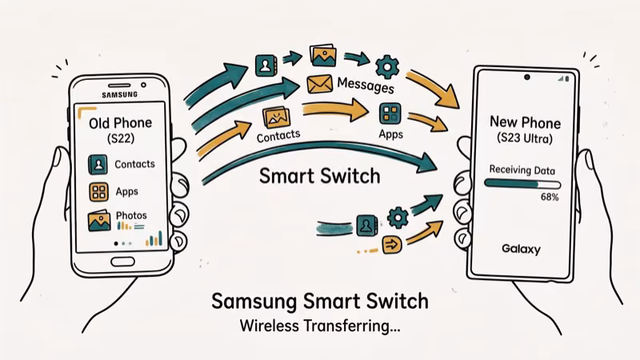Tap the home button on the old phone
point(122,262)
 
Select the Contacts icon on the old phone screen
point(98,165)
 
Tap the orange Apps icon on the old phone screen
point(98,192)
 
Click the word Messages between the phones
point(366,85)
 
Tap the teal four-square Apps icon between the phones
point(391,113)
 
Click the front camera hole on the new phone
point(528,78)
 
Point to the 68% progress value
point(550,196)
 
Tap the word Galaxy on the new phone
point(521,249)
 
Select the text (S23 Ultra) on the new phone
point(525,139)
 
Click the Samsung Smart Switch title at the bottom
point(319,302)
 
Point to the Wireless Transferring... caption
point(319,326)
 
